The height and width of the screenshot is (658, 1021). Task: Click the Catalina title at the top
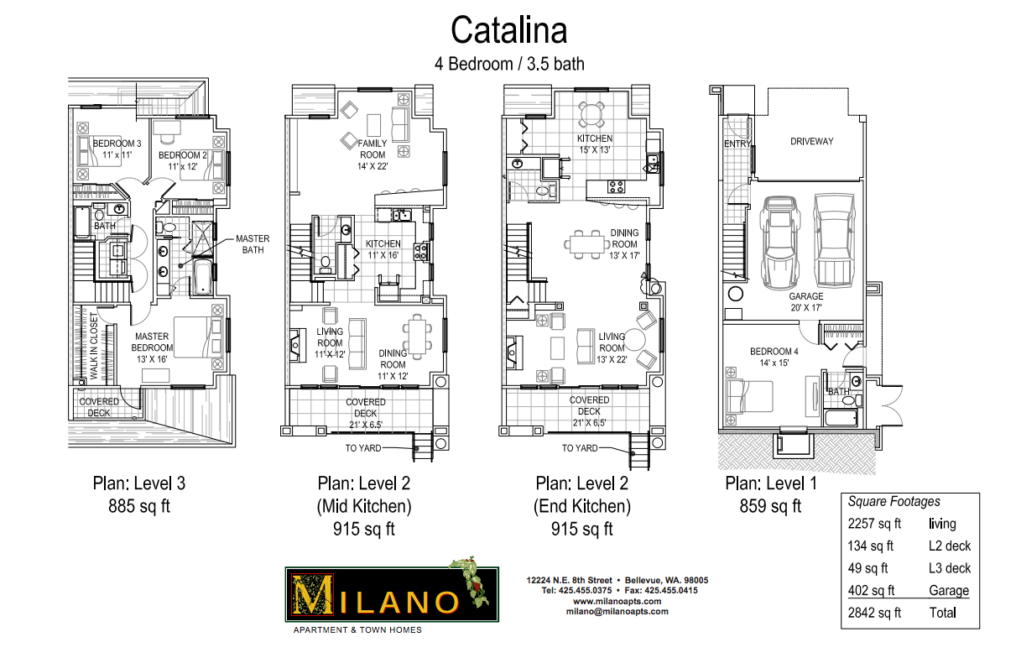(508, 29)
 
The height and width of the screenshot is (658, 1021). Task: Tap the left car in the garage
(780, 240)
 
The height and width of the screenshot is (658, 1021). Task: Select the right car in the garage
(831, 240)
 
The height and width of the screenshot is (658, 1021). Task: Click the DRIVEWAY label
(811, 141)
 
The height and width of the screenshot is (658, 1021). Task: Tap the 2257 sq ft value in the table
(874, 524)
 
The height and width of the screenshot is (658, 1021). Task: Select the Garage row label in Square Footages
(949, 590)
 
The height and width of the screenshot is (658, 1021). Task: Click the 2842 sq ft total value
(874, 613)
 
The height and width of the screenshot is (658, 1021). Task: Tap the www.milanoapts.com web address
(617, 601)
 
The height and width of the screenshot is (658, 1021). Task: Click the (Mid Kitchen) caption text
(364, 506)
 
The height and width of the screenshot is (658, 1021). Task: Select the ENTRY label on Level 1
(737, 144)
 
